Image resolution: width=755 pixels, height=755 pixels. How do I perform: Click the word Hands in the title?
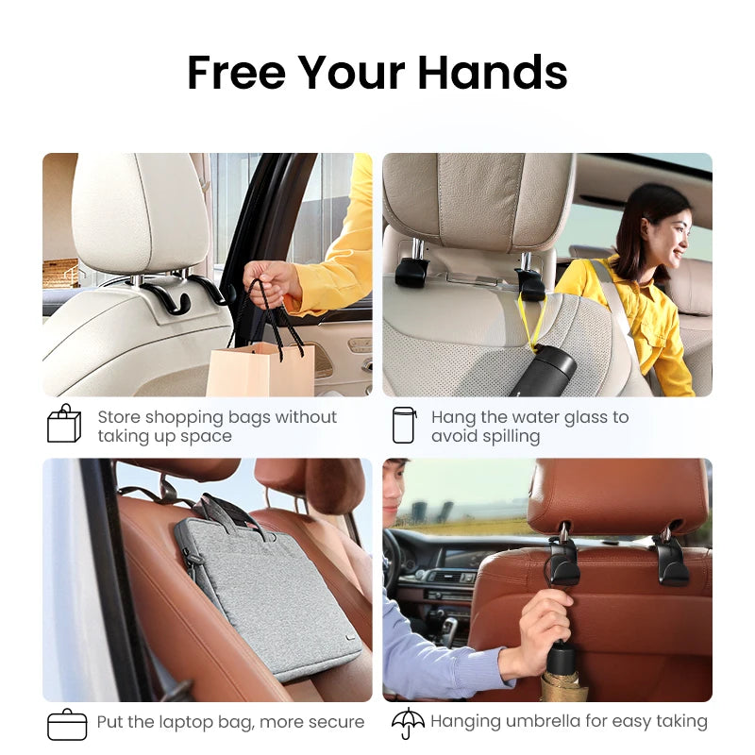click(492, 73)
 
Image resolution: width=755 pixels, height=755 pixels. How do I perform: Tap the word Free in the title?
click(237, 73)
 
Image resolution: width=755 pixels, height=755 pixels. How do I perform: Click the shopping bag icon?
click(64, 424)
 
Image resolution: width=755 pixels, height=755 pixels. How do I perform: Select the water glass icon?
click(404, 425)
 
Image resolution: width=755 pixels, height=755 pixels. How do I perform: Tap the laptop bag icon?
click(66, 724)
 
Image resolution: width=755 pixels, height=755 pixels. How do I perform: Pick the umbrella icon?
click(408, 723)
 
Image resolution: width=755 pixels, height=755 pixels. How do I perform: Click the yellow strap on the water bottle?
click(535, 321)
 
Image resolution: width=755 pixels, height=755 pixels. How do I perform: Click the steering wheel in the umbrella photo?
click(391, 566)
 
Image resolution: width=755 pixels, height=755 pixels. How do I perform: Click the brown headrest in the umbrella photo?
click(618, 491)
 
